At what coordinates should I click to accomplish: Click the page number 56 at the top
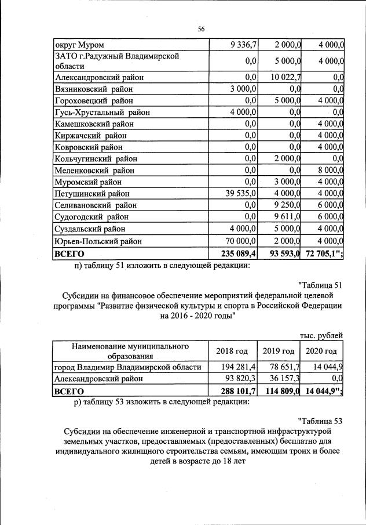[x=201, y=28]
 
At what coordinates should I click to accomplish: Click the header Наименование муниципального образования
[x=130, y=351]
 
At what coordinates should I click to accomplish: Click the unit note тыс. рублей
[x=321, y=335]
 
